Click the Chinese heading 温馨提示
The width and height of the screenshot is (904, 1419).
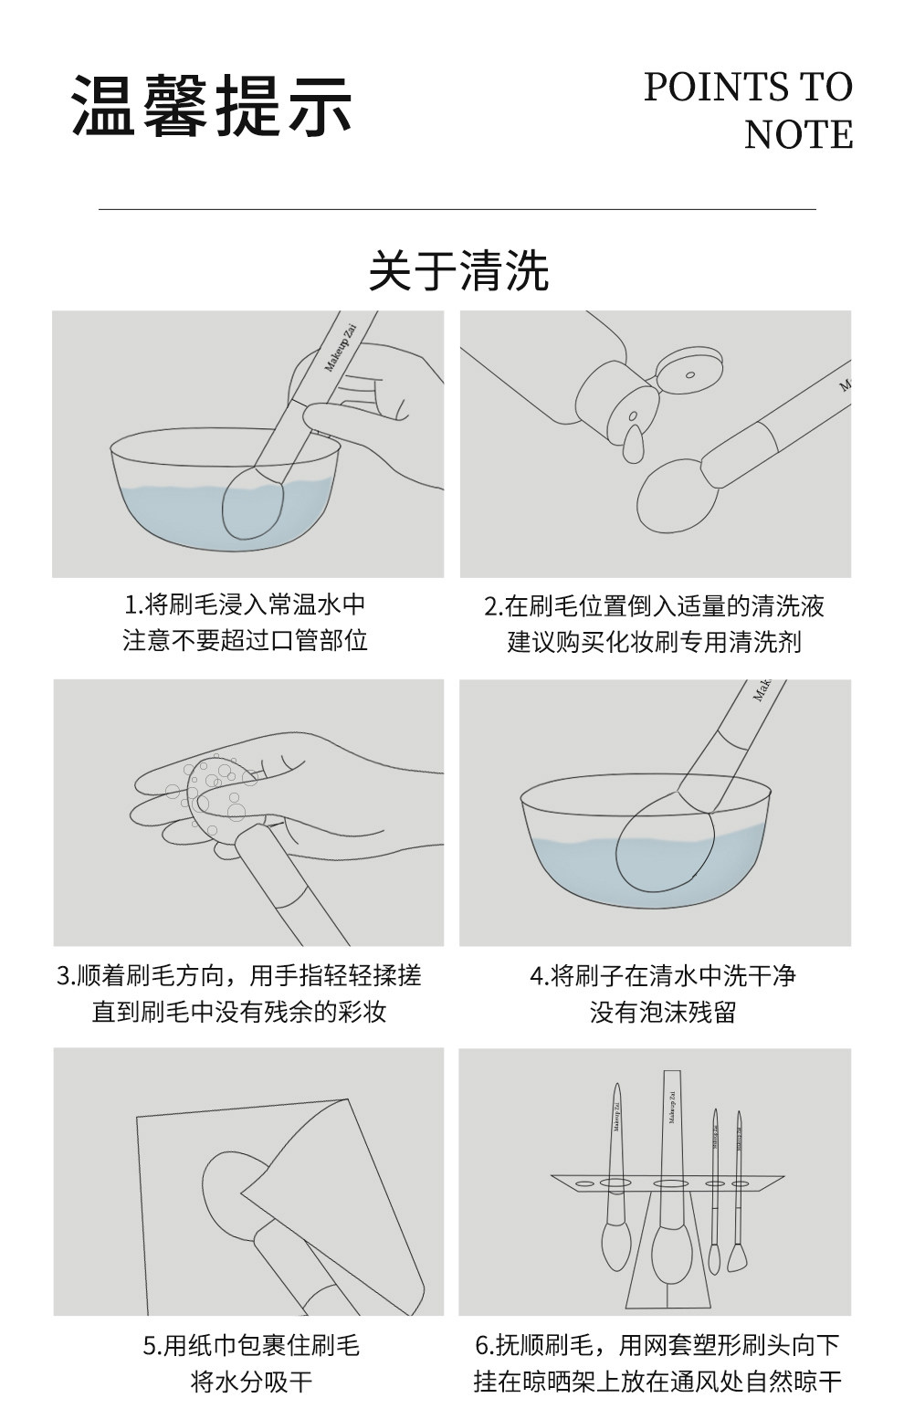pos(212,106)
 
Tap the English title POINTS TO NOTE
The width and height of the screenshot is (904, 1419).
pos(748,110)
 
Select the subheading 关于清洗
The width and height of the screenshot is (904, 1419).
pos(458,271)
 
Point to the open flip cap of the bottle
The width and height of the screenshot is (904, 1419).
pos(690,371)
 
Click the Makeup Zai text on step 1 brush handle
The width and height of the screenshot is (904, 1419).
pos(341,349)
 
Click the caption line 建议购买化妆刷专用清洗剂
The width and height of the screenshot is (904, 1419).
pos(655,642)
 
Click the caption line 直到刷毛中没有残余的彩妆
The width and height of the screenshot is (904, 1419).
pos(239,1011)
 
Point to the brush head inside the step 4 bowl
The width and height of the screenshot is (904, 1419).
pos(664,840)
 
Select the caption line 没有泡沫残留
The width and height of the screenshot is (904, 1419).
pos(663,1012)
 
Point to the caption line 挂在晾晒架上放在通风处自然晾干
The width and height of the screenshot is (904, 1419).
pos(657,1382)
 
